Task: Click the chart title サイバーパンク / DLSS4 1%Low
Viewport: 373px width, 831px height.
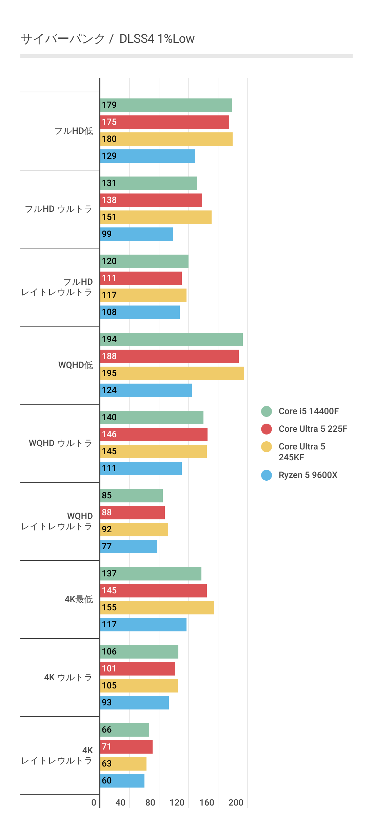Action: point(107,39)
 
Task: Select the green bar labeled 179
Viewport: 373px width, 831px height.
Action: point(166,105)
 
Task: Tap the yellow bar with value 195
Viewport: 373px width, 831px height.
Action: point(172,373)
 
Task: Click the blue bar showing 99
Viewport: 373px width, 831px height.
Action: point(136,234)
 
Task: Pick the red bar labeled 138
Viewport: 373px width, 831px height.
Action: point(151,200)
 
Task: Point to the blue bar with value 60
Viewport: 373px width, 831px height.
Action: point(122,781)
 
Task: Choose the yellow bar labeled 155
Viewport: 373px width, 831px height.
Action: point(157,608)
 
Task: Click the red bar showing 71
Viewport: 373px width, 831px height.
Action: point(126,747)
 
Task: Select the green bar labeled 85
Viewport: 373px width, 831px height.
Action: point(131,496)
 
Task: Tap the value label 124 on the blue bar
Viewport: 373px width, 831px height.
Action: point(109,390)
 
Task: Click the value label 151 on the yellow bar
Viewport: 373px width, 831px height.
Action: point(109,217)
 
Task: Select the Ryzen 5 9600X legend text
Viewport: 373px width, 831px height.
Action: point(308,475)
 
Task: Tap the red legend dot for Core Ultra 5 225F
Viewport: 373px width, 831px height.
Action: point(267,429)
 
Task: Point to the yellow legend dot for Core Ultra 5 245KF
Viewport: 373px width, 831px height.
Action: point(267,447)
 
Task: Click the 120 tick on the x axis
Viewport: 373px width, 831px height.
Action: point(177,802)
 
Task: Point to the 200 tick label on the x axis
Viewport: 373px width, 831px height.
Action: point(236,802)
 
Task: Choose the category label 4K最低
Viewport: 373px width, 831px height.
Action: point(79,599)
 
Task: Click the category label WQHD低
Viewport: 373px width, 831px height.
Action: point(75,365)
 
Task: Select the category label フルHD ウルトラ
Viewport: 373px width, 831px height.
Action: point(58,209)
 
